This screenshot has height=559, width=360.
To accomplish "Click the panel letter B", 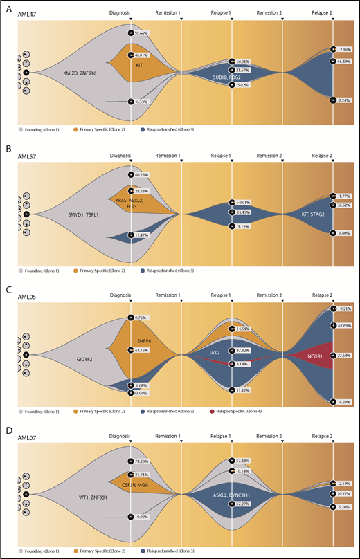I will (6, 148).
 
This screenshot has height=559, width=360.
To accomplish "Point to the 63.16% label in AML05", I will (144, 350).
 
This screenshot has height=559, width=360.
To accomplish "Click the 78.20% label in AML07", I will (144, 461).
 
